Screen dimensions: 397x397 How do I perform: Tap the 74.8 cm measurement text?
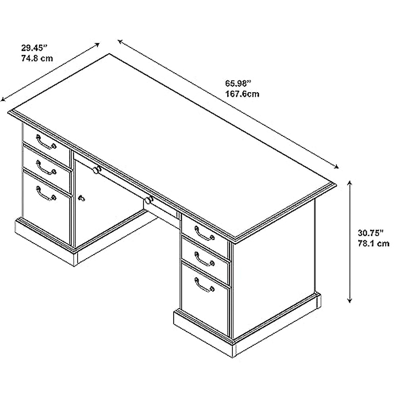click(x=36, y=59)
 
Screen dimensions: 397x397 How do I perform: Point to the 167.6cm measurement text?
click(x=242, y=94)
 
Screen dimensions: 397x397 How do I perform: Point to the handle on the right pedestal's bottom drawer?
click(x=204, y=285)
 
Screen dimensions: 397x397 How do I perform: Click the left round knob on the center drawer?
click(x=97, y=170)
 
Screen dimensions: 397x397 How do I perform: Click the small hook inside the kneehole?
click(x=81, y=198)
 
